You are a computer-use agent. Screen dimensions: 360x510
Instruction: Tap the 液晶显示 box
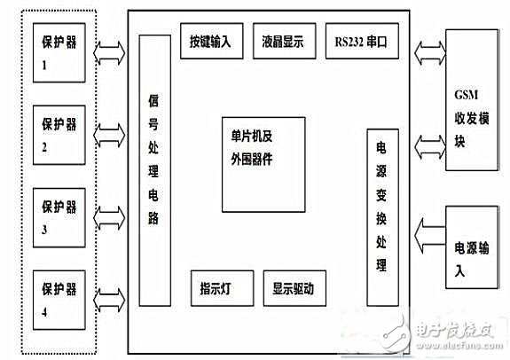click(x=282, y=42)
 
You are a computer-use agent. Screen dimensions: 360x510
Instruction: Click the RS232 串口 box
click(x=361, y=42)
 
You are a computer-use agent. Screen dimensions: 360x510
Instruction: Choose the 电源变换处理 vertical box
click(x=381, y=208)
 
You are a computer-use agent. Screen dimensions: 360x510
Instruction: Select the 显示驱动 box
click(x=294, y=288)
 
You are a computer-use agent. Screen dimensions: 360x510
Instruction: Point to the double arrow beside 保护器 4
click(x=110, y=293)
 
